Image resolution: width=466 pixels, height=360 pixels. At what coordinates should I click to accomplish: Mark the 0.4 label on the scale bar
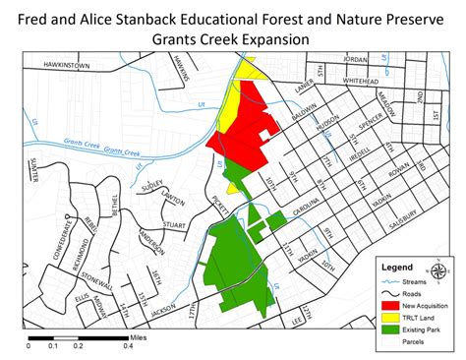(128, 346)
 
